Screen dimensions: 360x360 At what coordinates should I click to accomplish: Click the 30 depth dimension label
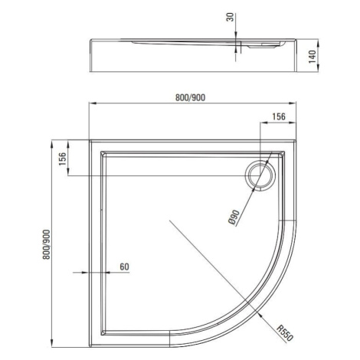(231, 17)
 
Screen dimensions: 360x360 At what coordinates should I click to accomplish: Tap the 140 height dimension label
(312, 57)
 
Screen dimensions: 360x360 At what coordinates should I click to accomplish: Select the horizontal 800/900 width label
(190, 98)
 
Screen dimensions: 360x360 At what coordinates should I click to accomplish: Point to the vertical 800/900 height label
(47, 244)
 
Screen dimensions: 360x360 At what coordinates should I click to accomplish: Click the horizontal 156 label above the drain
(278, 116)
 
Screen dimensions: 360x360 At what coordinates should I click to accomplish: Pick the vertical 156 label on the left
(63, 159)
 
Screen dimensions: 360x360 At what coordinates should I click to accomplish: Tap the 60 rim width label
(124, 267)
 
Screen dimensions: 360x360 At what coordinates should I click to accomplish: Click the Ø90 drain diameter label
(234, 217)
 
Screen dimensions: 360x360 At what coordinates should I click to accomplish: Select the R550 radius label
(286, 332)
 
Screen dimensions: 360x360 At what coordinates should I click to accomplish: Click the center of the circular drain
(260, 175)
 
